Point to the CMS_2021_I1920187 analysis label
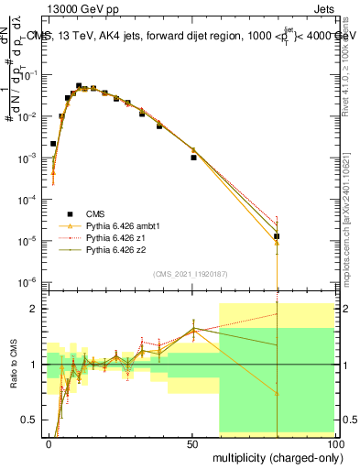click(x=190, y=274)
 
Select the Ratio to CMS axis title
click(x=12, y=363)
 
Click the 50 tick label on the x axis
click(x=192, y=443)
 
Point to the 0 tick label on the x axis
click(x=49, y=443)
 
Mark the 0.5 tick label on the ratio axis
click(x=30, y=420)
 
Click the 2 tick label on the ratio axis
click(x=35, y=309)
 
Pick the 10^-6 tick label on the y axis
click(x=27, y=281)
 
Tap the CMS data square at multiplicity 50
click(x=193, y=158)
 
